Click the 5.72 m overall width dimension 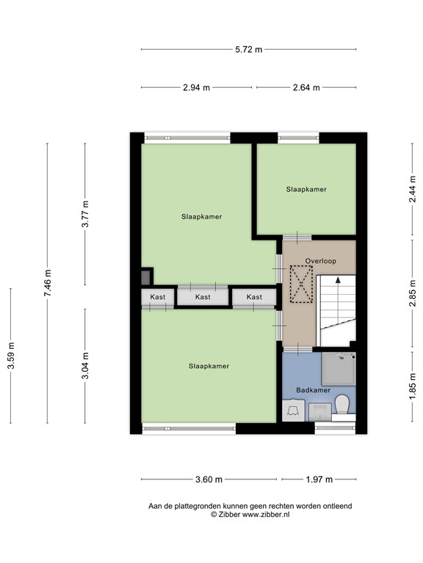(249, 50)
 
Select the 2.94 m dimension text (197, 87)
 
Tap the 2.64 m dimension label (306, 87)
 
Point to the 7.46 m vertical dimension (48, 282)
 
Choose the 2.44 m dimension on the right (412, 192)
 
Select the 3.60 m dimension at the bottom (209, 479)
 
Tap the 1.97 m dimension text (319, 479)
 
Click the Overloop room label (320, 260)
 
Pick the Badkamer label (313, 390)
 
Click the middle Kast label (203, 297)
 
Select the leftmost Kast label (158, 297)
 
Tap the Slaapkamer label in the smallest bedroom (306, 189)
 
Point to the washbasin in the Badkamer (294, 410)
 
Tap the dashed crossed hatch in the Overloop (301, 284)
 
